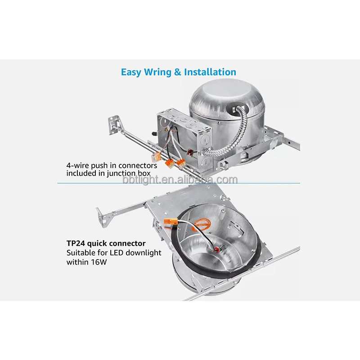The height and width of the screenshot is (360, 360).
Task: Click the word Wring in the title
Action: pyautogui.click(x=156, y=72)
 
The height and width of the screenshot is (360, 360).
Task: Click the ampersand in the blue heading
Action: pyautogui.click(x=175, y=72)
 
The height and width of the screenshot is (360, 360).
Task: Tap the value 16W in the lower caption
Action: pyautogui.click(x=98, y=261)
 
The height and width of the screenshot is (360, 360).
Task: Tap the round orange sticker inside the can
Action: pyautogui.click(x=207, y=222)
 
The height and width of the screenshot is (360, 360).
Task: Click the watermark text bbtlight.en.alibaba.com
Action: pyautogui.click(x=180, y=180)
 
